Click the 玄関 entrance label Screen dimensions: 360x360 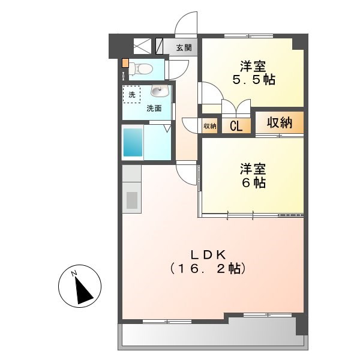[184, 48]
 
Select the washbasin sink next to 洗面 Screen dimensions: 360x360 [159, 92]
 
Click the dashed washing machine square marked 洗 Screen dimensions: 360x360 [131, 94]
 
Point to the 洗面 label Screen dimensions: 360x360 [154, 109]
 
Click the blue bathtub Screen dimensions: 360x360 [133, 143]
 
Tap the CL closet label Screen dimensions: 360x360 [236, 126]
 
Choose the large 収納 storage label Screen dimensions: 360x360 [279, 123]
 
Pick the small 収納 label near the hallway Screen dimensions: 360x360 [209, 126]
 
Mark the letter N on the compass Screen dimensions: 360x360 [74, 274]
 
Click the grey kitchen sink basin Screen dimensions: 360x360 [131, 199]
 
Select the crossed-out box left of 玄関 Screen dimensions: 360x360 [142, 47]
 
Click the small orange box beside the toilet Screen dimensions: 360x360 [125, 62]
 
